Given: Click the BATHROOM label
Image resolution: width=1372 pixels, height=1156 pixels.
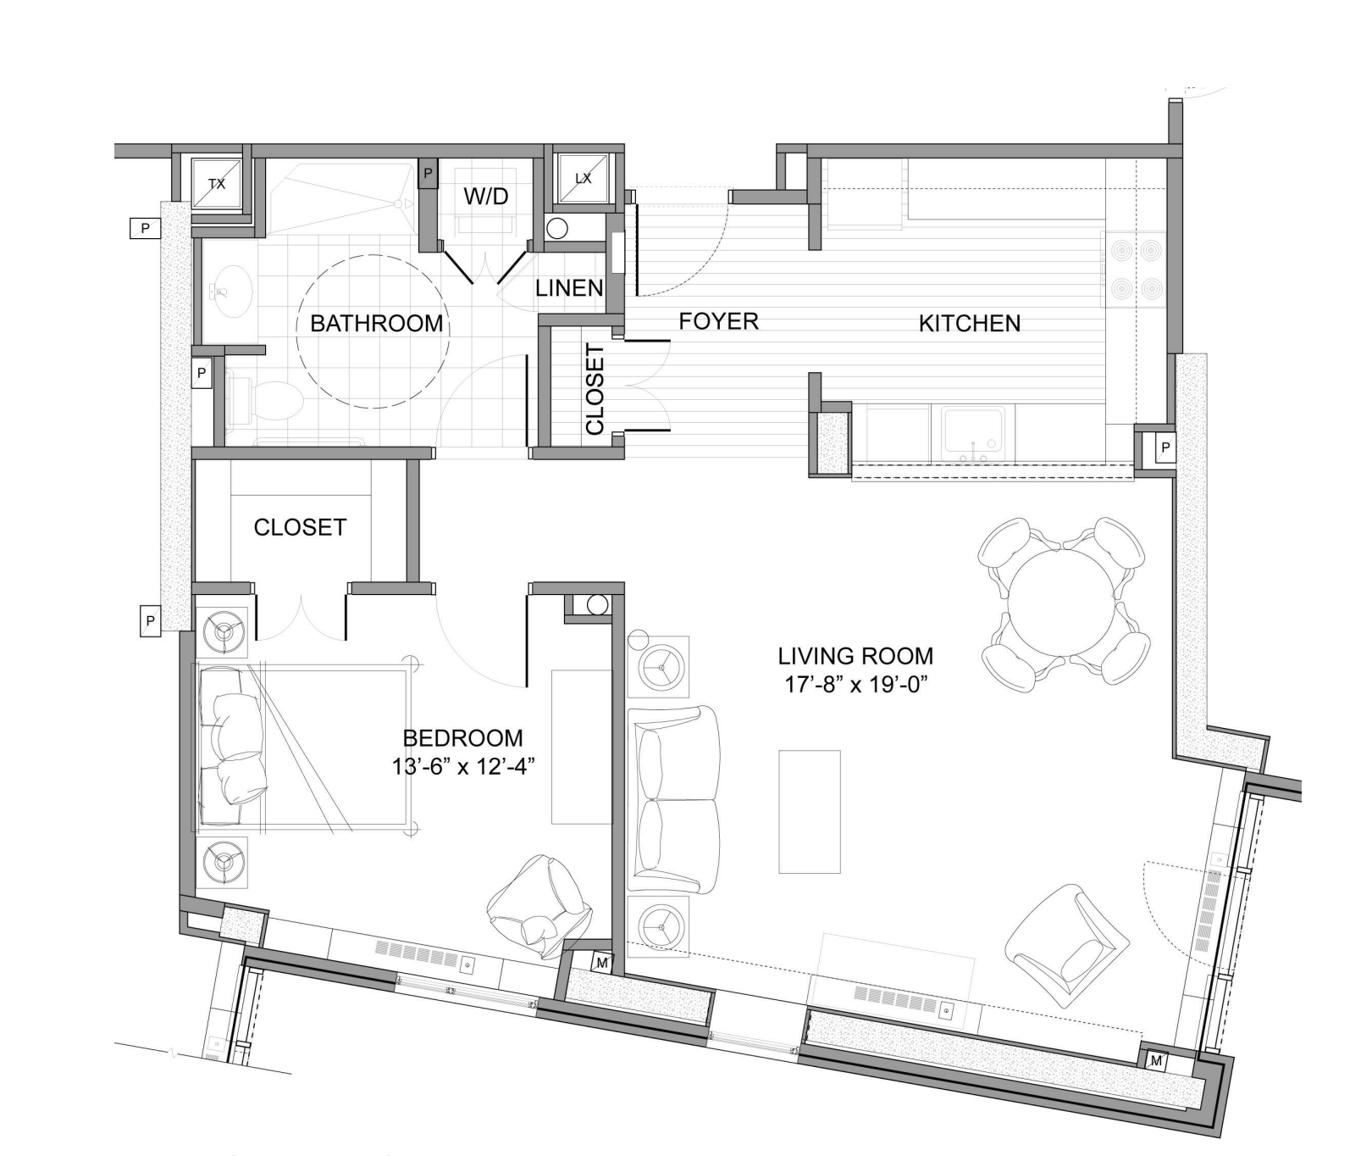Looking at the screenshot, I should [376, 323].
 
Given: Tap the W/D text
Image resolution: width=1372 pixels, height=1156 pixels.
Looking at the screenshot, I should [486, 197].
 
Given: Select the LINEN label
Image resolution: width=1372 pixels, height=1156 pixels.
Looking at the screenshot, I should [569, 288].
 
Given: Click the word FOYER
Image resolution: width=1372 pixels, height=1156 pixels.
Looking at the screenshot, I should [718, 321].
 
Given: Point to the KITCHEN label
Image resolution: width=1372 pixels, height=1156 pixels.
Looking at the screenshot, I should [969, 323].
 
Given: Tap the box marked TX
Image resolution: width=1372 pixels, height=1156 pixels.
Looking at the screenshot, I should [217, 183].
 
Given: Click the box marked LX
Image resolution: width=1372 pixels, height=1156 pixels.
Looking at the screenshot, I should [583, 179].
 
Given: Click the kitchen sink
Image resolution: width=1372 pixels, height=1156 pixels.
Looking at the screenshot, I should [974, 434].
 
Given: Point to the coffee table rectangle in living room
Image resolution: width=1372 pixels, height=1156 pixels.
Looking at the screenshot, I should [809, 811].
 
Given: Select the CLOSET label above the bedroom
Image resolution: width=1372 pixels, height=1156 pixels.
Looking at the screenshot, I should [300, 527].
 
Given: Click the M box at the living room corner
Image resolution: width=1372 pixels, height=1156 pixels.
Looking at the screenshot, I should [1157, 1060].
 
